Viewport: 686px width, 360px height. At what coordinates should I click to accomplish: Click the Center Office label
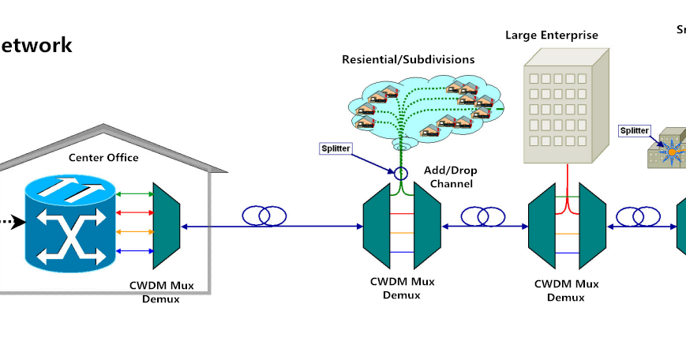[x=103, y=158]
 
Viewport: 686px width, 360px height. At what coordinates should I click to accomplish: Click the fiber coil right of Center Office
[x=264, y=216]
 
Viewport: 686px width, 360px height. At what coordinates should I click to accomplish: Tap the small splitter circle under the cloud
[x=401, y=172]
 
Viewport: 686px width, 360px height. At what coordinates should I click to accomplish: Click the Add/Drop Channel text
[x=451, y=177]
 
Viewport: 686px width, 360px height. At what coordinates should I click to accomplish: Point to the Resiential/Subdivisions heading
[x=408, y=59]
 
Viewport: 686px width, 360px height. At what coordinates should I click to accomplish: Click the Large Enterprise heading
[x=552, y=35]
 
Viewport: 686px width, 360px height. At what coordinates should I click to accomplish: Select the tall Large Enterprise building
[x=564, y=107]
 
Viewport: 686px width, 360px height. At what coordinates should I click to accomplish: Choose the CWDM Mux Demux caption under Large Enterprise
[x=565, y=290]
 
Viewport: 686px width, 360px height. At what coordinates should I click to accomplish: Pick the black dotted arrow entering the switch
[x=9, y=221]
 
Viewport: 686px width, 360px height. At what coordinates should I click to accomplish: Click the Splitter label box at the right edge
[x=634, y=131]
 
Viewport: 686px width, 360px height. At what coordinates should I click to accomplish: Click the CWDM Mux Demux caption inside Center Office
[x=160, y=292]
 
